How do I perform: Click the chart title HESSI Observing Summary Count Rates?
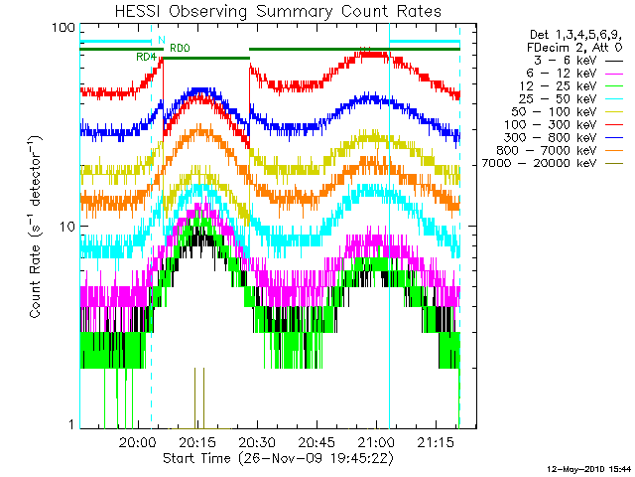[269, 11]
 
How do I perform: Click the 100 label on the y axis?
[63, 28]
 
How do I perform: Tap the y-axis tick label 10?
[66, 227]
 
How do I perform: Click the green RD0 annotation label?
[180, 48]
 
